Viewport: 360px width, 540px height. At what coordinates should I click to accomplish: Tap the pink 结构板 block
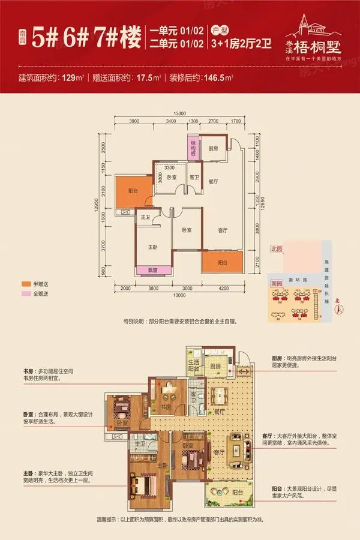click(x=194, y=148)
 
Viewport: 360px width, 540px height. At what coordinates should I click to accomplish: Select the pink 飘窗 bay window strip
click(x=152, y=269)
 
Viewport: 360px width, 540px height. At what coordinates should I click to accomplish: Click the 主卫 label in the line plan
click(x=145, y=217)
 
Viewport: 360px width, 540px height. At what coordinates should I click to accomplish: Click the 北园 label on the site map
click(x=276, y=248)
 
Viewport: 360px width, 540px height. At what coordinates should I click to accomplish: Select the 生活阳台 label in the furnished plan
click(x=194, y=366)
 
